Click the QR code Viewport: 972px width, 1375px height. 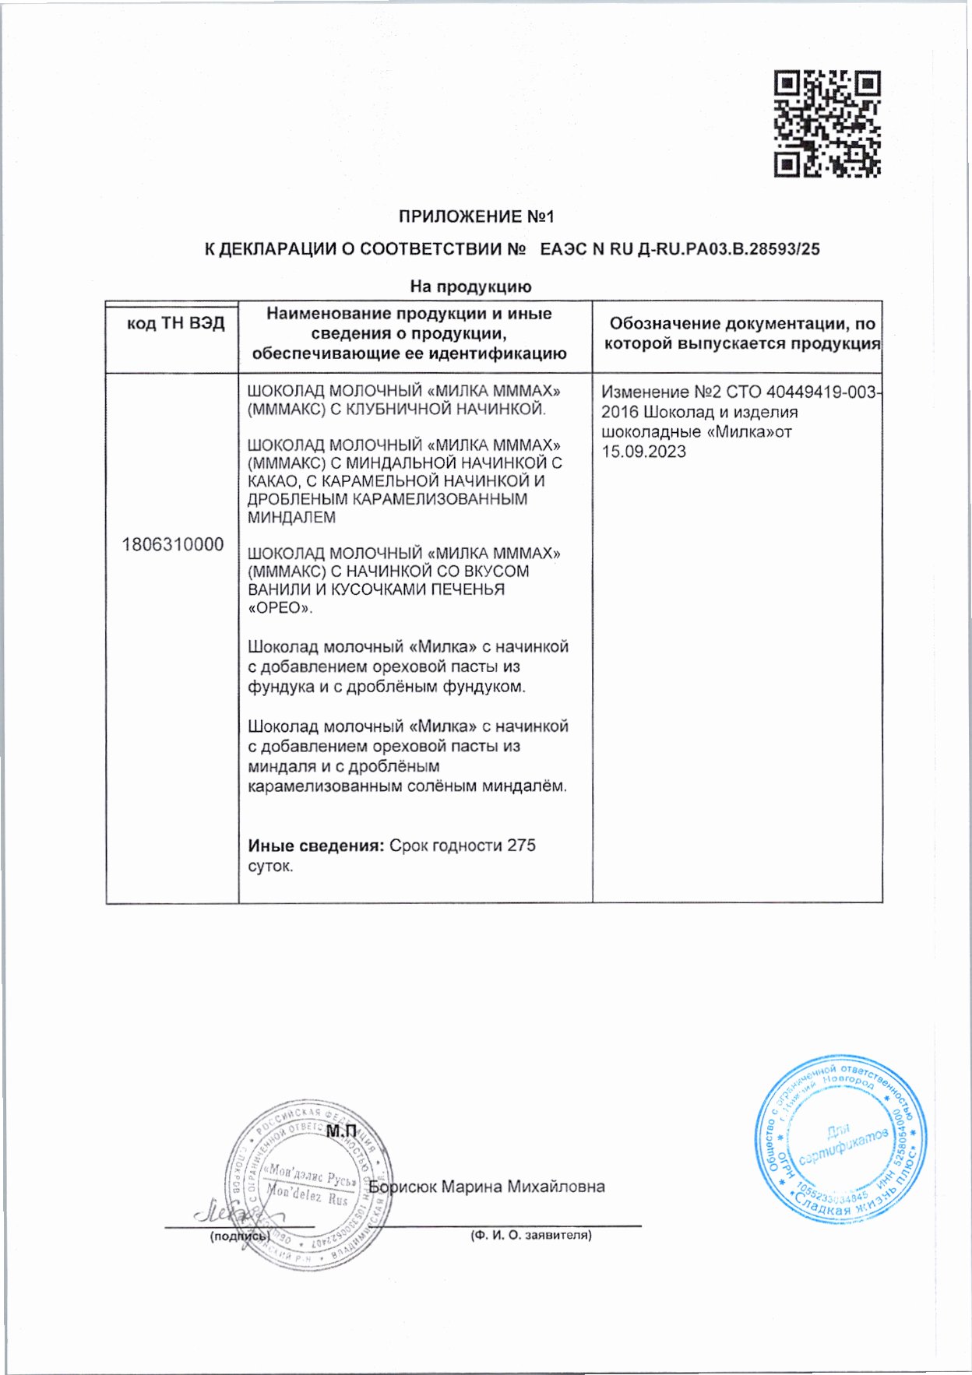pos(826,123)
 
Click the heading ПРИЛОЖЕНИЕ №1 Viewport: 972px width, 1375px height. pos(476,216)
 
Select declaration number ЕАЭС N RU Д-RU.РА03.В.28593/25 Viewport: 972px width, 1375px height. pos(680,250)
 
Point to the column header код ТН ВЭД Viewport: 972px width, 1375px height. pos(175,324)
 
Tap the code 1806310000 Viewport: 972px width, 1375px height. pos(172,544)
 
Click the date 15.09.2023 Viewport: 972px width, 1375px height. pos(643,452)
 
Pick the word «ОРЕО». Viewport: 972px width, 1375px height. pos(280,607)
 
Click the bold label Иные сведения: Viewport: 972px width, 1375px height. pos(315,846)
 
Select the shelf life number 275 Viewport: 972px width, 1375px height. pos(521,846)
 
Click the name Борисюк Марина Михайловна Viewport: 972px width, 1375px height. pos(487,1187)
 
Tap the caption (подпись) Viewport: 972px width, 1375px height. pos(239,1236)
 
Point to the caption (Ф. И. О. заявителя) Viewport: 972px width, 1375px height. pos(530,1235)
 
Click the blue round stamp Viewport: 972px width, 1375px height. pos(840,1138)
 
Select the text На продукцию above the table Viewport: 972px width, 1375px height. pos(470,287)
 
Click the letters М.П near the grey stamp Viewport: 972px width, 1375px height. pos(340,1131)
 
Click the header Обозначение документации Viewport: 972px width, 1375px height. pos(741,324)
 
